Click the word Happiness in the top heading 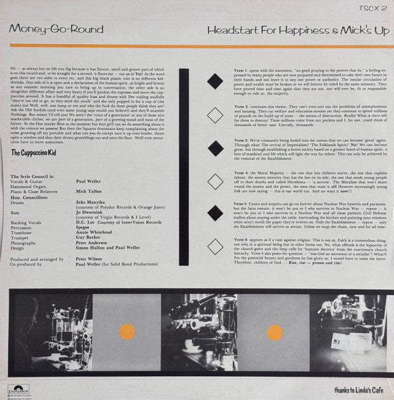point(293,31)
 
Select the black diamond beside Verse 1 point(214,81)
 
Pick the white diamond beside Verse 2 point(214,114)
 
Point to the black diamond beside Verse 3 point(214,147)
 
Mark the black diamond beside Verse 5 point(214,213)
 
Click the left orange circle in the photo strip point(120,329)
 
